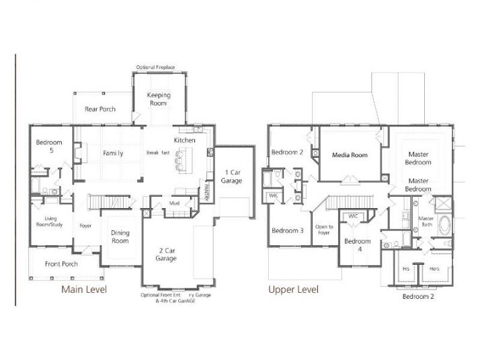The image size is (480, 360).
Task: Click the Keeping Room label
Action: (159, 99)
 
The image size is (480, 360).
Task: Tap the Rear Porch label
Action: (99, 109)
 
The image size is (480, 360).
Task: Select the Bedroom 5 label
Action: (49, 146)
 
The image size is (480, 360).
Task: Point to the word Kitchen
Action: (185, 140)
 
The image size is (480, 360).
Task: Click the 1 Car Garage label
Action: (233, 177)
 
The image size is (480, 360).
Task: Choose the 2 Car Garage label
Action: (166, 254)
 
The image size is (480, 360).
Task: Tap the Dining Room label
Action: (120, 237)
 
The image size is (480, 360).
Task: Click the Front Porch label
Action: (61, 264)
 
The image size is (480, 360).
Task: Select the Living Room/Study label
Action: (50, 222)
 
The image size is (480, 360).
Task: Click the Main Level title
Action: (84, 289)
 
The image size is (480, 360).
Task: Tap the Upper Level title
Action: (293, 289)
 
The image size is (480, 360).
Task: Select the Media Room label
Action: (350, 155)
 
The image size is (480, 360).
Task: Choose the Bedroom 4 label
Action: (357, 245)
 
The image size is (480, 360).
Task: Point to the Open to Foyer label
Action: (325, 230)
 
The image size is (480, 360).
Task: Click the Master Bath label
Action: (426, 222)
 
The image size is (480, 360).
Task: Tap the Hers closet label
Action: (434, 268)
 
